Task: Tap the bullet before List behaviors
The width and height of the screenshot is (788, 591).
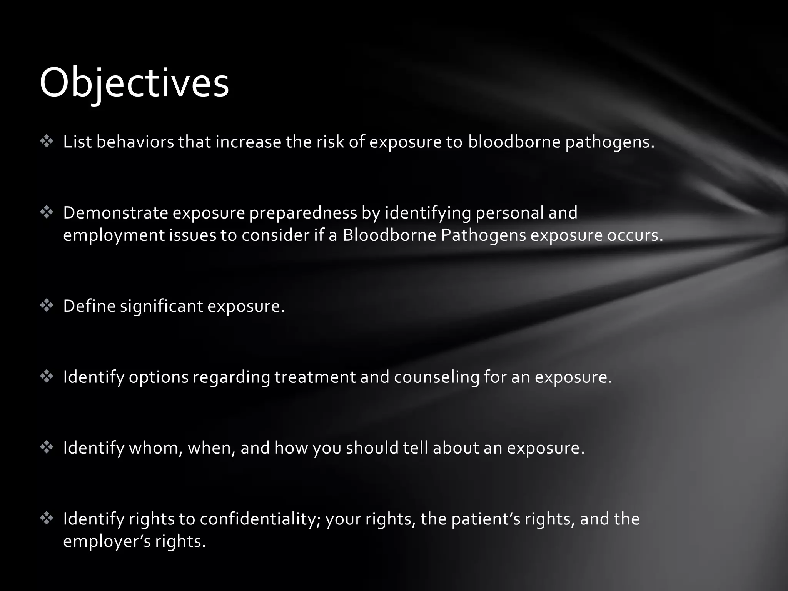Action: click(x=47, y=142)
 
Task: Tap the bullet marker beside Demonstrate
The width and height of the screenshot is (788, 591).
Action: click(x=47, y=212)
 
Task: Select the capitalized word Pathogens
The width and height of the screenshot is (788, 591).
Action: click(x=483, y=235)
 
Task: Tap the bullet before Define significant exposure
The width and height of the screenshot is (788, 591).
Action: click(x=47, y=306)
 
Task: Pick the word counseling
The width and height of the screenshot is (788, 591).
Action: click(x=437, y=377)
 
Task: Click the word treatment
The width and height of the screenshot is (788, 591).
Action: click(x=315, y=377)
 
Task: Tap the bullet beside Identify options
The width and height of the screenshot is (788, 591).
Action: click(x=47, y=377)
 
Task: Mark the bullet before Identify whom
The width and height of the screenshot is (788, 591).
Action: click(x=47, y=447)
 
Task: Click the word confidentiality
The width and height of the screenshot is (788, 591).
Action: click(x=260, y=519)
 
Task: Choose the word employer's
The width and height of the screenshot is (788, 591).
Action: click(x=107, y=541)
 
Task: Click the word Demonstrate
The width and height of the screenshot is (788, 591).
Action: click(x=115, y=213)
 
